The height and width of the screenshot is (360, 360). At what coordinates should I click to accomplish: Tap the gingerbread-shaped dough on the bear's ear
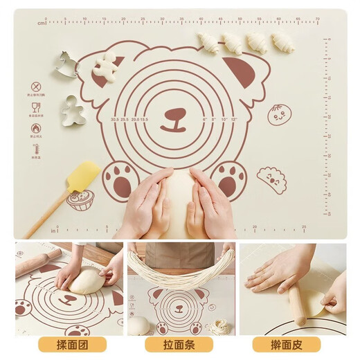105,66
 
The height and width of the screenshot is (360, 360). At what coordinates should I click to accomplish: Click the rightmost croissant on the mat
282,42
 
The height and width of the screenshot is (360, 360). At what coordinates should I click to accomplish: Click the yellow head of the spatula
82,178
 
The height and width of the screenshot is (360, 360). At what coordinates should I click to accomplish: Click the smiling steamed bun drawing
280,115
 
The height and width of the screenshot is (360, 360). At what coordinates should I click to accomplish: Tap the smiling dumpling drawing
271,179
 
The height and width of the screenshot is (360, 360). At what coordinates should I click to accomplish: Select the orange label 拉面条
179,344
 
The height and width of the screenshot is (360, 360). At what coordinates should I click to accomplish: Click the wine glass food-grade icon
35,107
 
